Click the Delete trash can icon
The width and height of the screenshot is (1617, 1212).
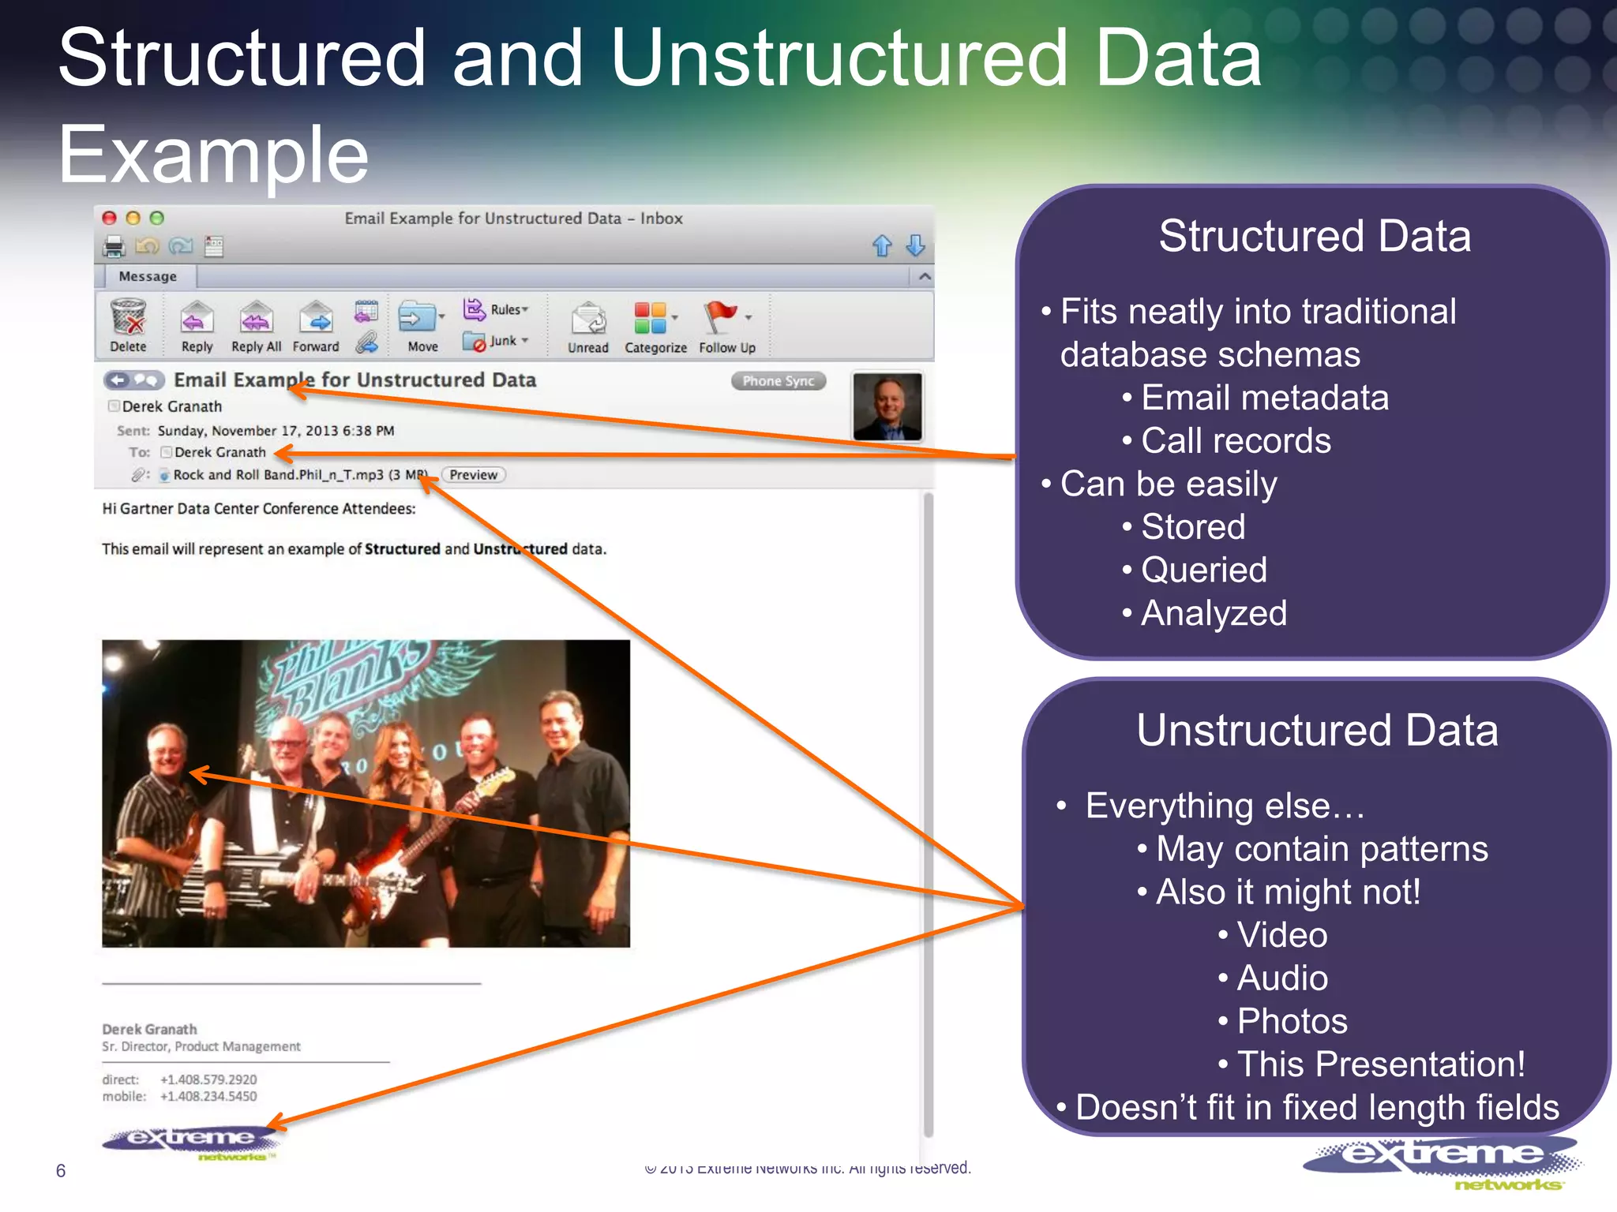(x=128, y=317)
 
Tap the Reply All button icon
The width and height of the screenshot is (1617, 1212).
(x=256, y=319)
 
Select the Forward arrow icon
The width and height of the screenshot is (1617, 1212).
(x=316, y=318)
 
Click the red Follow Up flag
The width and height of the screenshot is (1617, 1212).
(x=719, y=317)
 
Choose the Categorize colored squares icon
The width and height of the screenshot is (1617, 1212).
(x=651, y=318)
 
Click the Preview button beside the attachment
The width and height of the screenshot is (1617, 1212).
(x=473, y=475)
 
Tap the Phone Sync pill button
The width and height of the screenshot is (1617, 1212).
(x=778, y=381)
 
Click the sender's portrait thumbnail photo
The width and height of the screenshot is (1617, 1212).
(x=887, y=406)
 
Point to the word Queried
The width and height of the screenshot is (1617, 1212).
(x=1203, y=570)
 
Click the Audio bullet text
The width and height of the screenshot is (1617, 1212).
(x=1282, y=978)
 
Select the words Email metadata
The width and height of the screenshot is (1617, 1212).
(x=1264, y=398)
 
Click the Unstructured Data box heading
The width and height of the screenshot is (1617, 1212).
(x=1317, y=730)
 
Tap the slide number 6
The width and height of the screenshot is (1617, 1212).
(x=61, y=1170)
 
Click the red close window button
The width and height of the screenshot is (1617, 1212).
(x=110, y=219)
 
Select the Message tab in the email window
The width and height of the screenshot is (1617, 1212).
(x=148, y=276)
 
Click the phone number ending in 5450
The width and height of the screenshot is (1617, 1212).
(x=208, y=1096)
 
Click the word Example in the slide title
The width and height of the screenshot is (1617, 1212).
(x=213, y=155)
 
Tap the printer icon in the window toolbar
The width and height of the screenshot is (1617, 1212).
(x=114, y=247)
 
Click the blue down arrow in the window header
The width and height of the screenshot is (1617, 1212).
(x=915, y=245)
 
